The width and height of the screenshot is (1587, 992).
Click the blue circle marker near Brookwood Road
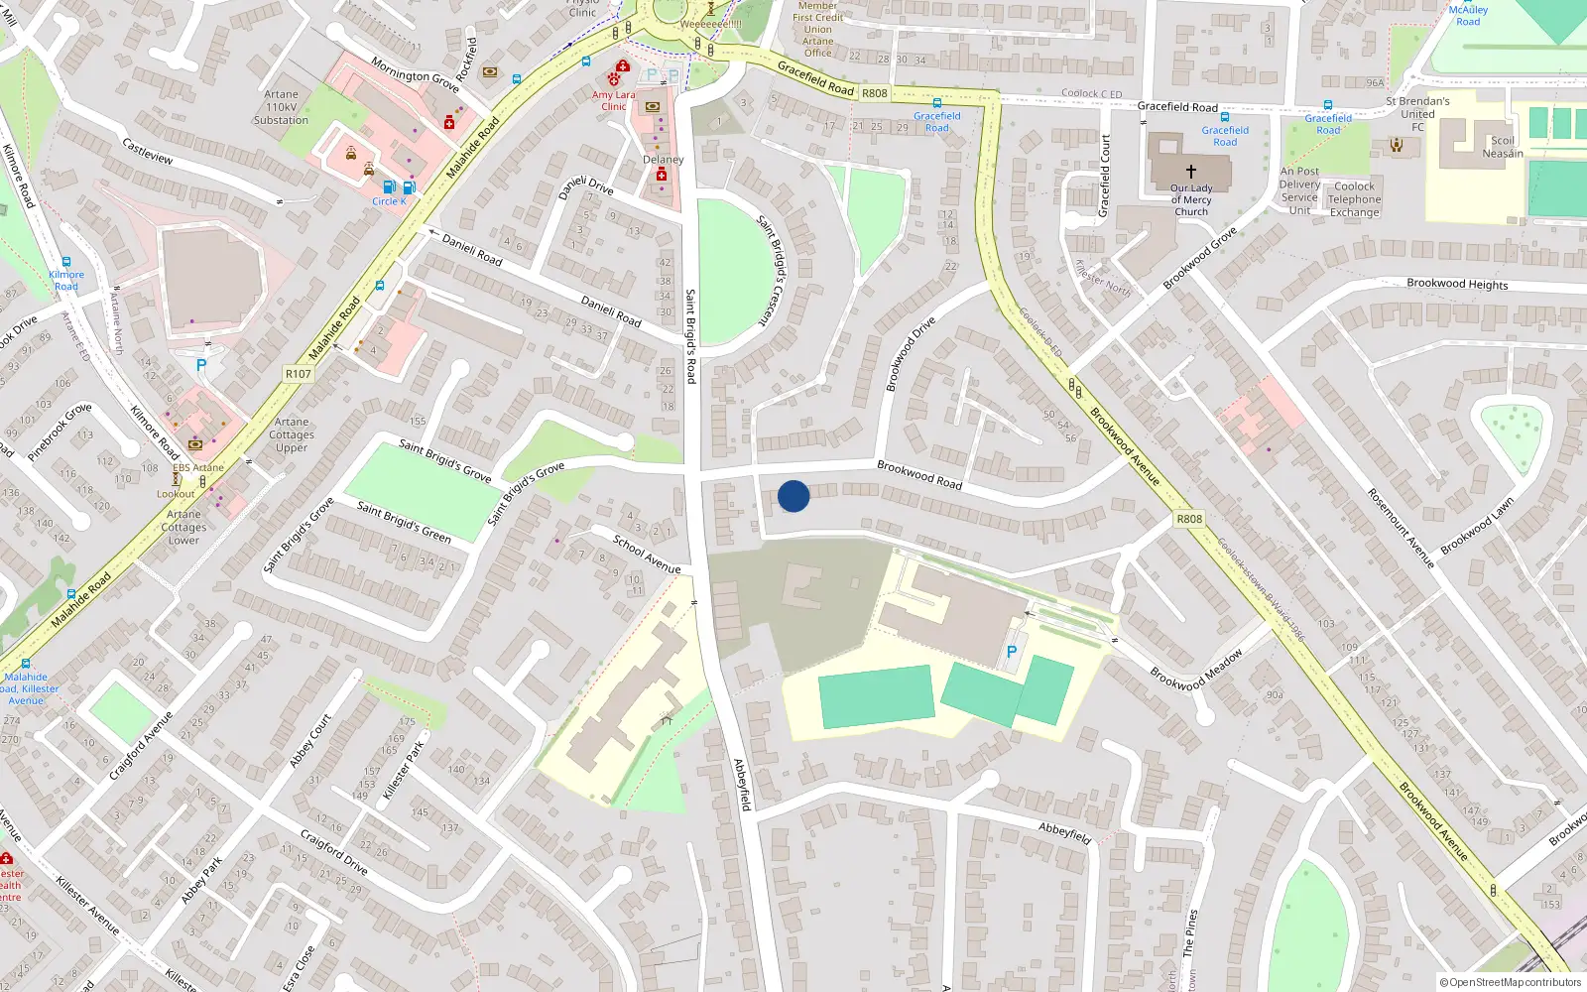click(x=793, y=496)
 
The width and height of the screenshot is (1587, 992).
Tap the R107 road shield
click(x=298, y=374)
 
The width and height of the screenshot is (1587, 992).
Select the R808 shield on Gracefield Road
click(x=874, y=93)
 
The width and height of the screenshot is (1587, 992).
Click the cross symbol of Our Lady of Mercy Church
click(x=1190, y=172)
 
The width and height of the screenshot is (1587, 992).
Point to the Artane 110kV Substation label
click(x=281, y=107)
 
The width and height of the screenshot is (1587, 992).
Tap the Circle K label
click(x=389, y=201)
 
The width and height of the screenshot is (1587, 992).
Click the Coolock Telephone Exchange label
click(x=1354, y=199)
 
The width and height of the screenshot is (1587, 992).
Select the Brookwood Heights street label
click(x=1456, y=284)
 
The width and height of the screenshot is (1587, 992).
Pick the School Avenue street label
click(x=647, y=555)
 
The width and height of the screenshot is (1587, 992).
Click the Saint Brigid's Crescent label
click(x=771, y=270)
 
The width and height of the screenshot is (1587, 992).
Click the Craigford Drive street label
click(x=334, y=852)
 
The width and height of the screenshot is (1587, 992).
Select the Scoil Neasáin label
click(x=1503, y=147)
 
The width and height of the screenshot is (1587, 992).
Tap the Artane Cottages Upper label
click(x=292, y=434)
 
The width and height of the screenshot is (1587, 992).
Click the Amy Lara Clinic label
click(x=613, y=101)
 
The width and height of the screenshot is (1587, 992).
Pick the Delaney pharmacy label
click(x=663, y=160)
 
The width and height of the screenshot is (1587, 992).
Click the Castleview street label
click(x=148, y=151)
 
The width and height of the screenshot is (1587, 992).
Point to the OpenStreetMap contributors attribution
click(x=1510, y=983)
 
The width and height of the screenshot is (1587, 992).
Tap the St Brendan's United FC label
click(x=1417, y=114)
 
